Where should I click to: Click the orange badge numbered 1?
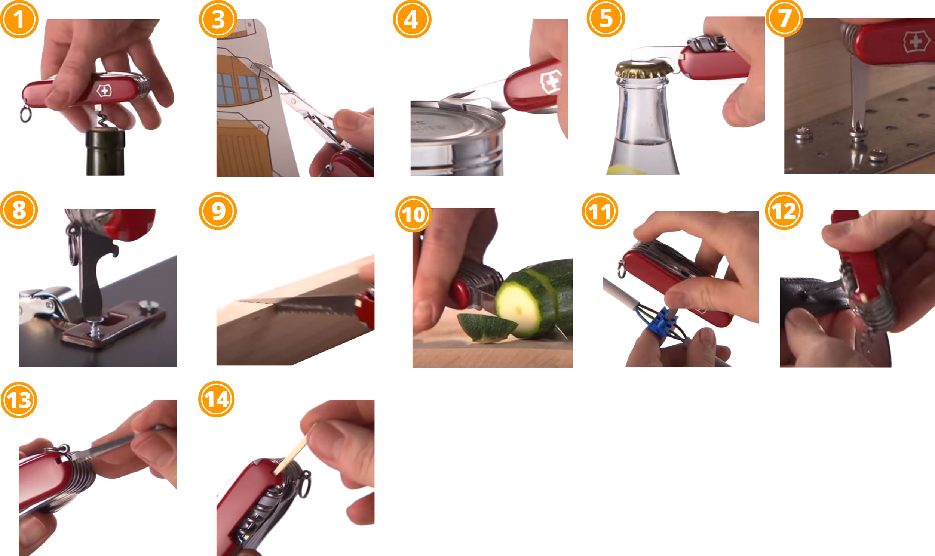[x=19, y=19]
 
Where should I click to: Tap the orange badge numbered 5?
[x=606, y=18]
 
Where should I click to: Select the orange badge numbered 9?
[x=218, y=211]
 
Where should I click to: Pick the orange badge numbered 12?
[x=784, y=211]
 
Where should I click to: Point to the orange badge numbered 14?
[x=216, y=399]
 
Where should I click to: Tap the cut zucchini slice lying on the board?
[x=487, y=327]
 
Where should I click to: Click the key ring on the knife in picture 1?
[x=25, y=114]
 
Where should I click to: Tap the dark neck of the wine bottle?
[x=105, y=152]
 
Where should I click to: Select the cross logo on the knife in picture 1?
[x=104, y=90]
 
